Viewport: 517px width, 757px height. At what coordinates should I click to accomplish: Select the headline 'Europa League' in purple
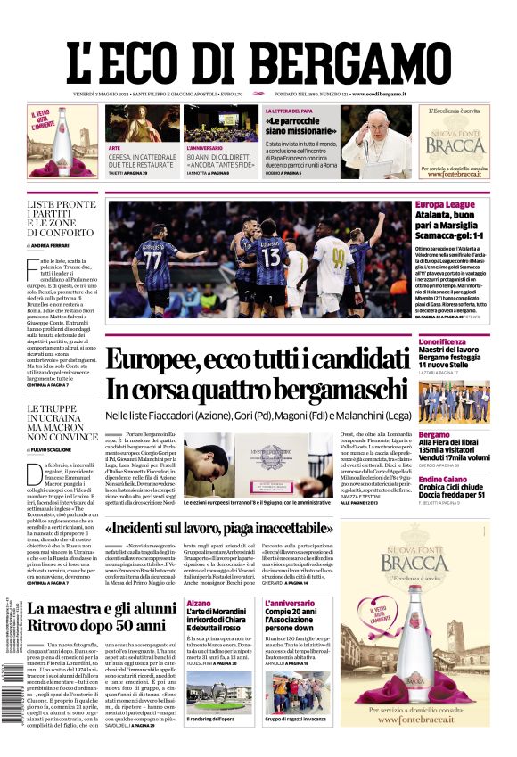(x=445, y=205)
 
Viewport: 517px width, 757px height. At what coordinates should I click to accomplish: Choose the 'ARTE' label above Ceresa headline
(x=114, y=147)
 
